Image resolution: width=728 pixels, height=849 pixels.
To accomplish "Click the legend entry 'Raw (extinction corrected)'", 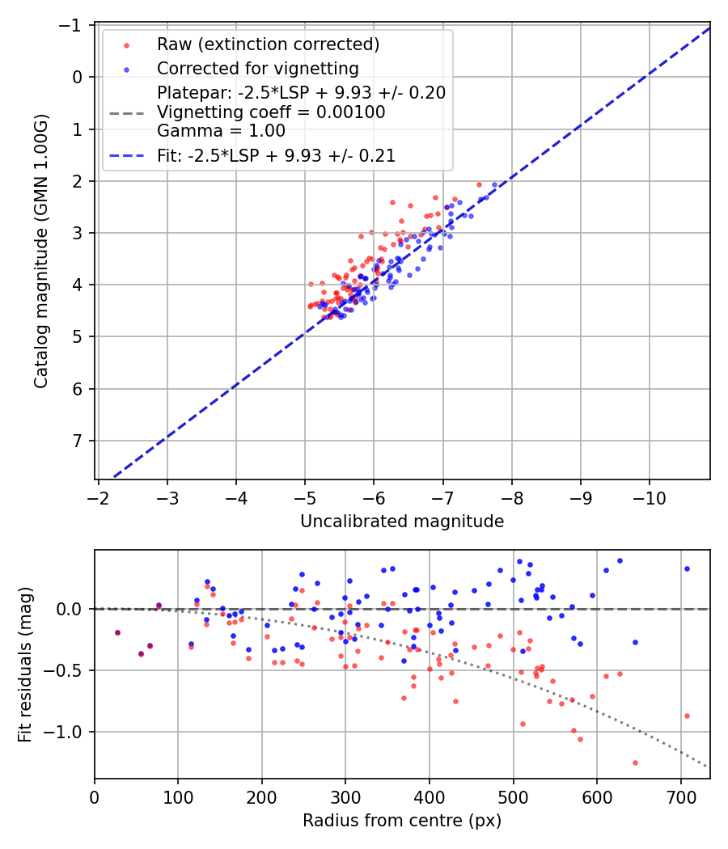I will pos(268,44).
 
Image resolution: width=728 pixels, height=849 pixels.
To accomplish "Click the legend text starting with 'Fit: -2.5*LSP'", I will pos(276,156).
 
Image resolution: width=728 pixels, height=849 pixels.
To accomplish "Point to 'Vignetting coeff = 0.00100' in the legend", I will pos(271,112).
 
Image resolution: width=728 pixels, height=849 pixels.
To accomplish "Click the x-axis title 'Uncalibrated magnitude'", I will pos(402,522).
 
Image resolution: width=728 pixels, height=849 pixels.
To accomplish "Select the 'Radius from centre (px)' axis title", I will pos(402,821).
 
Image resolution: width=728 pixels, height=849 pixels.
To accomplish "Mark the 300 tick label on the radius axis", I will pos(345,796).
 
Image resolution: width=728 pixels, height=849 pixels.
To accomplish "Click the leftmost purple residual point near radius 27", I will pos(117,632).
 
